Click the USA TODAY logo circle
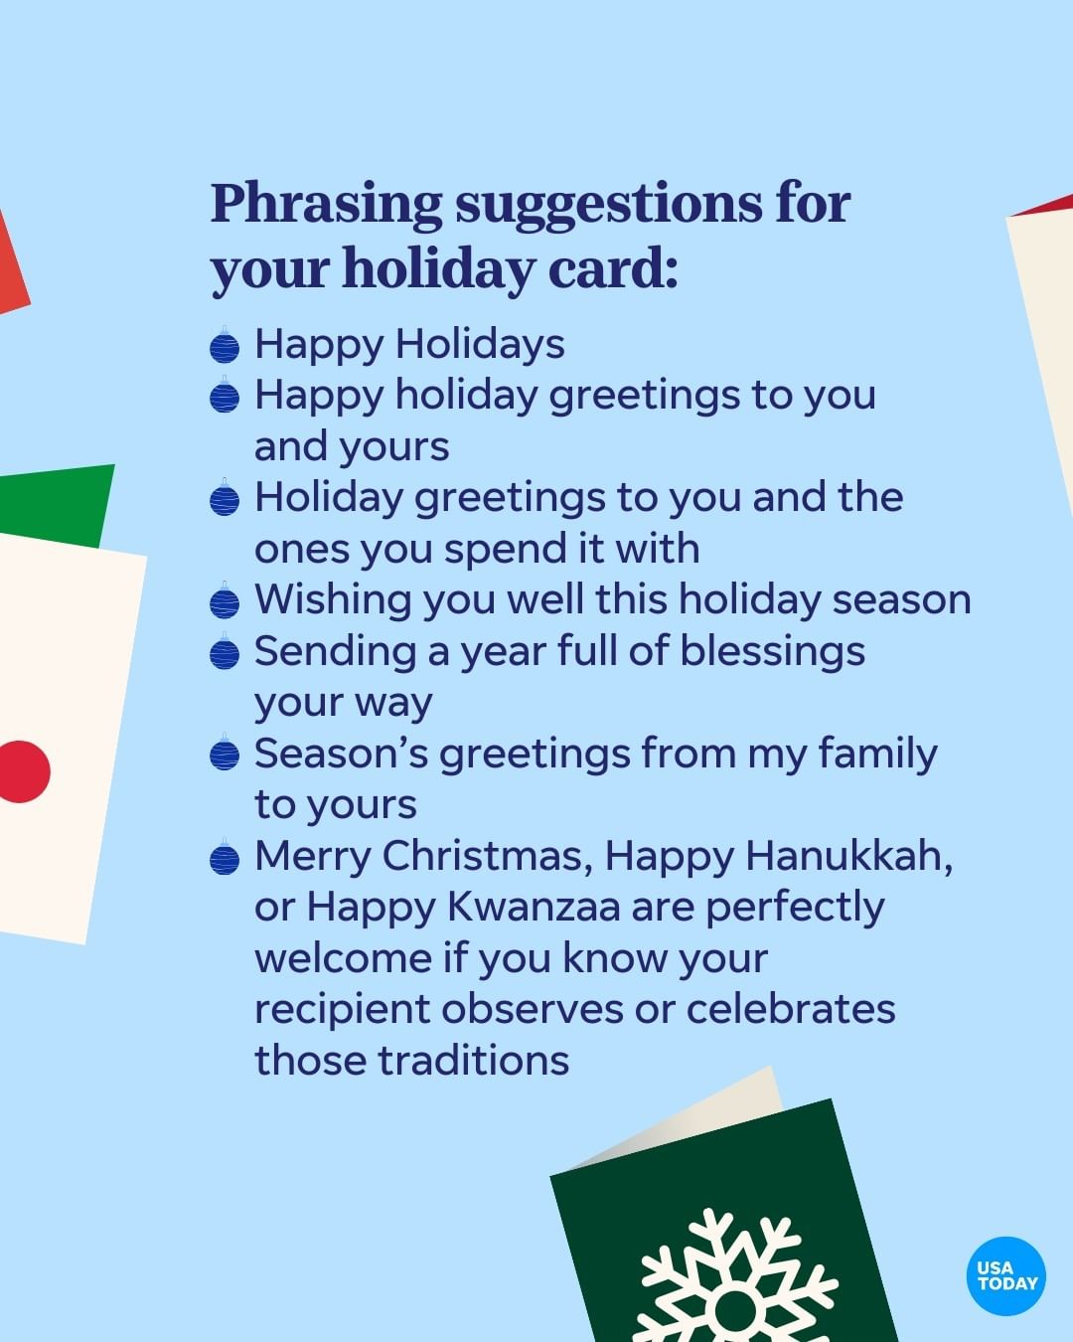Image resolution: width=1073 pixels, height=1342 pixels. click(x=1006, y=1276)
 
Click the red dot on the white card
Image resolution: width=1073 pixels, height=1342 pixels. click(x=23, y=771)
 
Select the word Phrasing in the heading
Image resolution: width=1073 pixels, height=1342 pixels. click(x=326, y=205)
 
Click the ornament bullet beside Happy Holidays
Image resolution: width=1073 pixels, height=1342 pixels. click(x=225, y=345)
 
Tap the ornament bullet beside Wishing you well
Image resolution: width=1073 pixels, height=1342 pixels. click(x=225, y=600)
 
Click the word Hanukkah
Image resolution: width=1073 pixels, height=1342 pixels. click(x=849, y=856)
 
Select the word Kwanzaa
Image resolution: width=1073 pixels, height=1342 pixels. click(x=534, y=907)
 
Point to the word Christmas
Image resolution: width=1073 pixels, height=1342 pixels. click(x=487, y=856)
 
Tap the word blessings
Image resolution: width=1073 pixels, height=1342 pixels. click(x=772, y=652)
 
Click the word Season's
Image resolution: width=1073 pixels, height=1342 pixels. click(x=341, y=754)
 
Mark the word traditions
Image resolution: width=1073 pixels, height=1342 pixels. click(x=473, y=1060)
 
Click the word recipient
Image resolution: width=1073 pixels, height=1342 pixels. click(x=343, y=1010)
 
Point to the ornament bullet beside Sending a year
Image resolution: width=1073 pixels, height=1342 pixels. click(x=225, y=652)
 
